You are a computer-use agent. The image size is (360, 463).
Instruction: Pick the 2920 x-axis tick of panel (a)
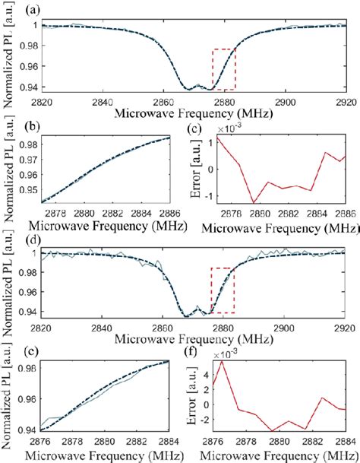346,102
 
